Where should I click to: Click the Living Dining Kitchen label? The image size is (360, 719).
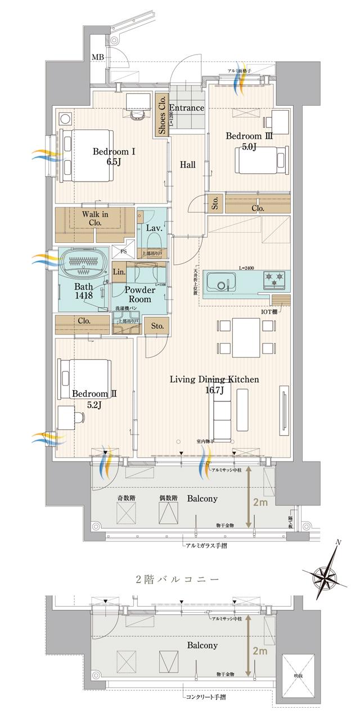pos(214,385)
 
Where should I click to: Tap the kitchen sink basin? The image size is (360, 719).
pos(221,280)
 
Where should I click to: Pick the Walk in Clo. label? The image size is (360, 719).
pos(95,218)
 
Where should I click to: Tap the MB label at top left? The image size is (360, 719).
pos(98,57)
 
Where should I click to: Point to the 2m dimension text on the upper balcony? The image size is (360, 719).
pos(259,503)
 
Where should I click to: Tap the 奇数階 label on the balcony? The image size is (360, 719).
pos(127,498)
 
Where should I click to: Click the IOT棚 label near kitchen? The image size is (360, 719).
pos(270,311)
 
